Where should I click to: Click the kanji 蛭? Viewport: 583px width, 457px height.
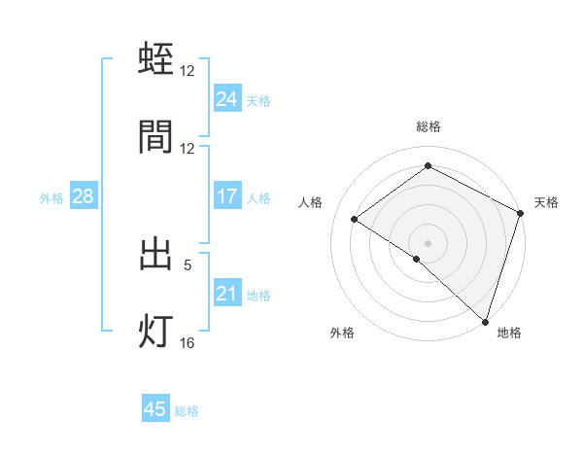[156, 60]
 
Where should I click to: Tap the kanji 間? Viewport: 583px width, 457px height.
[156, 137]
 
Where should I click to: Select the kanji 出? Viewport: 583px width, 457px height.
[156, 255]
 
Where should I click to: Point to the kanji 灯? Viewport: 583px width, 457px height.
[156, 332]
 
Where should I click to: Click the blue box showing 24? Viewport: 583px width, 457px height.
[226, 99]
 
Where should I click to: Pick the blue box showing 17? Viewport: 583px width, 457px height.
[226, 196]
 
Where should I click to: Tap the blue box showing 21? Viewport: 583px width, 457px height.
[226, 294]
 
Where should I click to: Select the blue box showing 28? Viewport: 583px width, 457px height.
[83, 196]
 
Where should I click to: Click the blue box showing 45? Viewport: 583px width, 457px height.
[155, 409]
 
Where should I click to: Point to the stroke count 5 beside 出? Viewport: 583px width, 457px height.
[188, 264]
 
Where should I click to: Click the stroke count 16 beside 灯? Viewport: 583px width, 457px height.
[188, 341]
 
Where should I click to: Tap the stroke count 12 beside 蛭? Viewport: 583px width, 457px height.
[188, 70]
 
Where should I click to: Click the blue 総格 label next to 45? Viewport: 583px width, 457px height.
[187, 411]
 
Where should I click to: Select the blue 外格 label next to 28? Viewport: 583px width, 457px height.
[51, 197]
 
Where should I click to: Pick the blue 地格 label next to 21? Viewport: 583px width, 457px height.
[258, 296]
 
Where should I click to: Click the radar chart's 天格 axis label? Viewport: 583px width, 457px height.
[546, 202]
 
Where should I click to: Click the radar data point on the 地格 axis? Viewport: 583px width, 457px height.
[485, 321]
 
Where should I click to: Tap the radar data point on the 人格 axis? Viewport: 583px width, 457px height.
[355, 219]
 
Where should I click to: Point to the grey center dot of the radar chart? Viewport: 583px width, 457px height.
[428, 242]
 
